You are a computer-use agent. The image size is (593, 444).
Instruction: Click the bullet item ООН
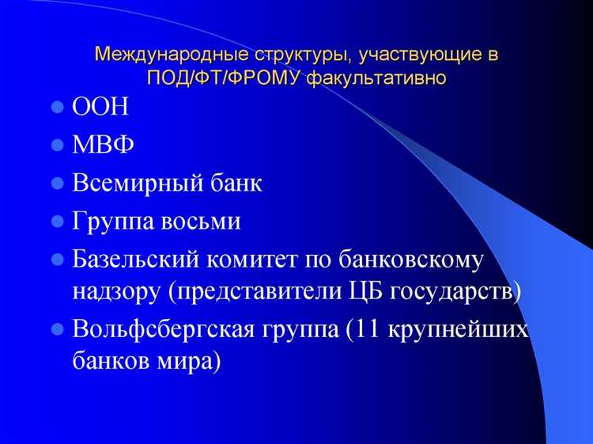pos(100,108)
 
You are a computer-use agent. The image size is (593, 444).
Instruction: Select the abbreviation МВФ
pos(103,146)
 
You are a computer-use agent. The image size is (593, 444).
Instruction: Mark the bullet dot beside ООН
pos(57,108)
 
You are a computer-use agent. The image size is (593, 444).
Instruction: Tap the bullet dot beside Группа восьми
pos(57,222)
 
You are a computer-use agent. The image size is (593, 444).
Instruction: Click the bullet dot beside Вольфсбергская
pos(57,328)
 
